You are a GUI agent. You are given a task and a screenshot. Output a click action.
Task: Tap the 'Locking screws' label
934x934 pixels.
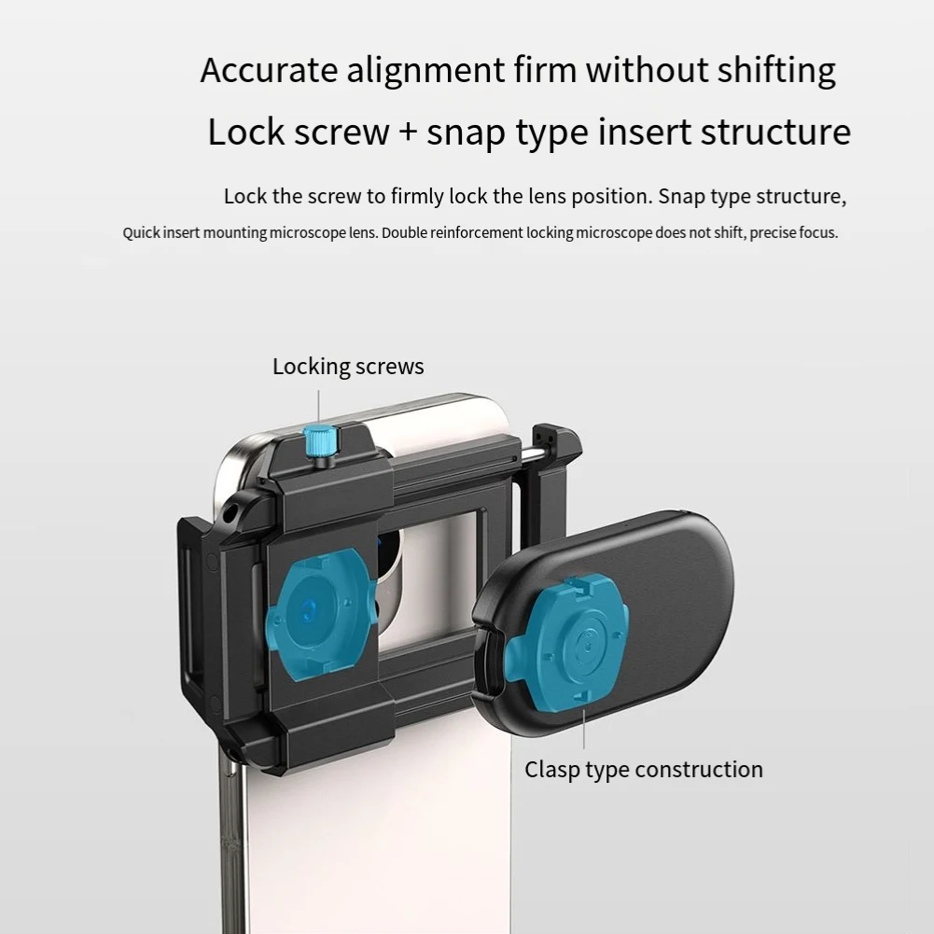click(348, 367)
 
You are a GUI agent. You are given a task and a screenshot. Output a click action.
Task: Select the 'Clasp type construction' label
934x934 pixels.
click(643, 770)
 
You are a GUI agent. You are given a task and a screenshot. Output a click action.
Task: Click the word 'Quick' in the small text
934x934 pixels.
click(141, 233)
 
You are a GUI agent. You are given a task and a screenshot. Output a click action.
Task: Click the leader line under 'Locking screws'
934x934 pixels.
click(319, 403)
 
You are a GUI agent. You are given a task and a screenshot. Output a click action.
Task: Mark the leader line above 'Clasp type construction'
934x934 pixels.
click(584, 729)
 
